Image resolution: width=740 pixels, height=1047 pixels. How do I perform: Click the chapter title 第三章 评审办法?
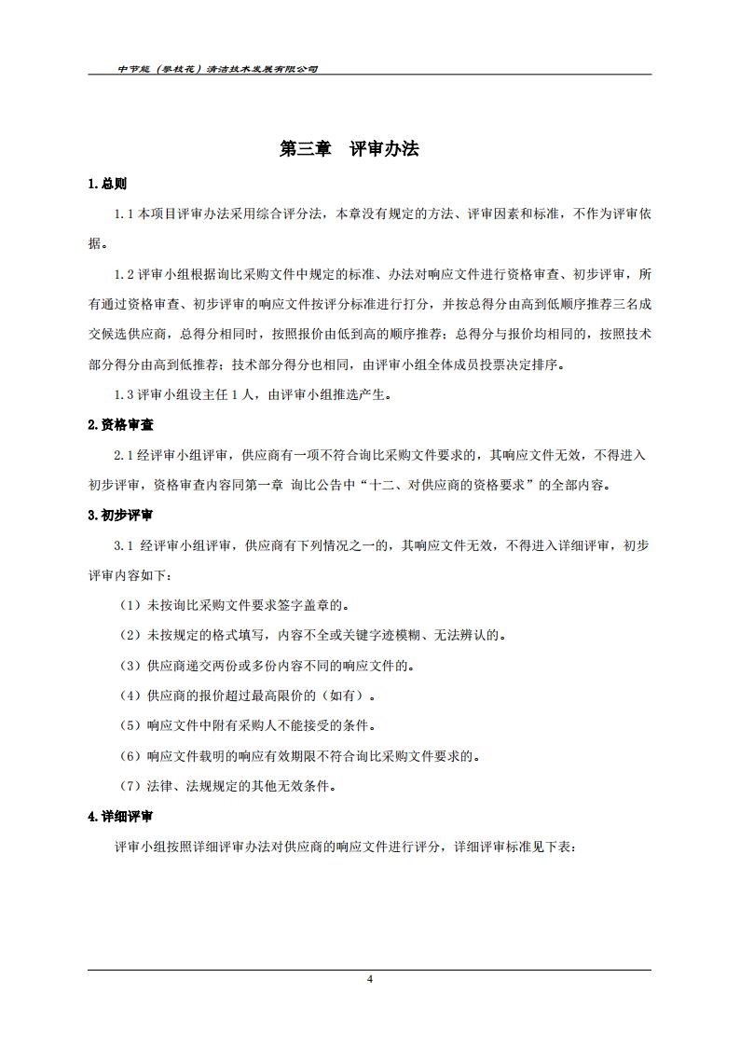click(349, 149)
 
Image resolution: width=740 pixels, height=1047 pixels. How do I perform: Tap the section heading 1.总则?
click(107, 184)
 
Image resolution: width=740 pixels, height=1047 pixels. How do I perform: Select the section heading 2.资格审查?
click(120, 424)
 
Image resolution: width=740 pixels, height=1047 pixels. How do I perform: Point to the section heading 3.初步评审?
click(120, 515)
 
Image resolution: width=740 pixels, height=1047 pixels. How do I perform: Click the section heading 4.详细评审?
click(120, 817)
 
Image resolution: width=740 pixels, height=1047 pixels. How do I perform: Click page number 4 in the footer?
click(370, 979)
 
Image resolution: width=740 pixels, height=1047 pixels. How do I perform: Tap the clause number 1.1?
click(125, 214)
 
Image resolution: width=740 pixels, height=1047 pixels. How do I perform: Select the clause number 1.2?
click(125, 274)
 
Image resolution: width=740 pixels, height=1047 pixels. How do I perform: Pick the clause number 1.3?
click(125, 394)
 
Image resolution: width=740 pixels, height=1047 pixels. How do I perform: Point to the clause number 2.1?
click(125, 455)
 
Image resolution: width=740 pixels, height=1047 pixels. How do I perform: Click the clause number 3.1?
click(125, 545)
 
